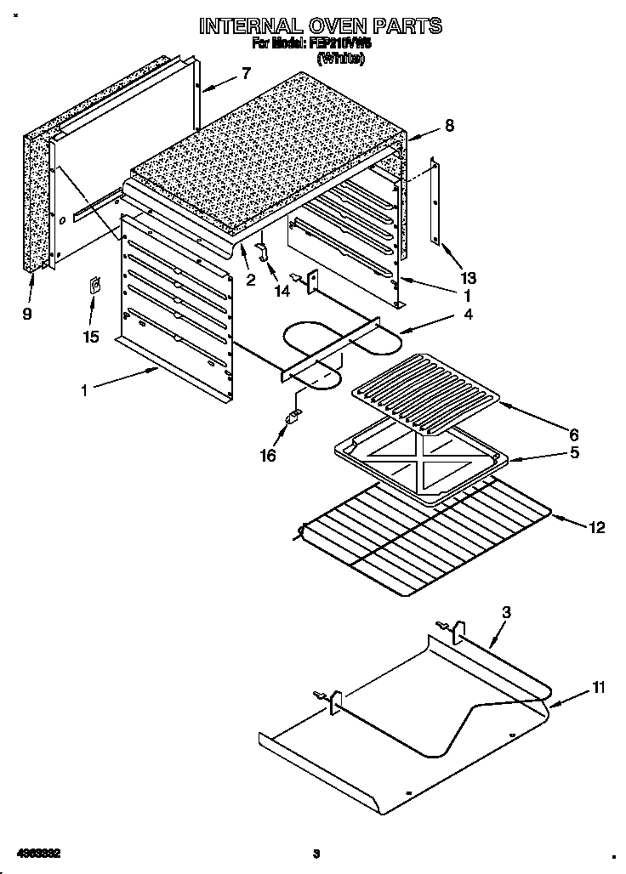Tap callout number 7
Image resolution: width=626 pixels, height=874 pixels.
[x=246, y=73]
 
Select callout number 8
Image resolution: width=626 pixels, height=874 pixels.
[x=449, y=126]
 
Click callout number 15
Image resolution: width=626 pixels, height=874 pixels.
[x=91, y=337]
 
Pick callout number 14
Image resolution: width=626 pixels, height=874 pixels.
[x=282, y=291]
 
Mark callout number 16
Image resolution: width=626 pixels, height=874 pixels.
[x=268, y=456]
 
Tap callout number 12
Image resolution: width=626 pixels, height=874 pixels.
[x=596, y=527]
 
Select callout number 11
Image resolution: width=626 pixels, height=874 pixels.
[x=599, y=687]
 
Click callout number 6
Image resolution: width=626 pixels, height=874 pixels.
[x=574, y=432]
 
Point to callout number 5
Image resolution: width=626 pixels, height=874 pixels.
[x=575, y=452]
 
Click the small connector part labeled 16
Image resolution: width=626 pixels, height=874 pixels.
[x=293, y=417]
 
